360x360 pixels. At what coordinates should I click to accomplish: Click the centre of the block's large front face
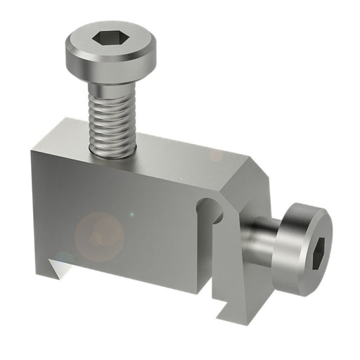click(x=120, y=218)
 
